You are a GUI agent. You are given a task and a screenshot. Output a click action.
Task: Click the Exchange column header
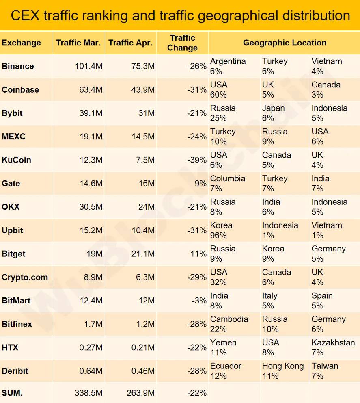pyautogui.click(x=22, y=43)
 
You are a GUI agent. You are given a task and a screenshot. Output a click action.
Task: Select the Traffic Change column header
pyautogui.click(x=182, y=43)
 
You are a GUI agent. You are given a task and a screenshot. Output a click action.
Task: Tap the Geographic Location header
pyautogui.click(x=285, y=43)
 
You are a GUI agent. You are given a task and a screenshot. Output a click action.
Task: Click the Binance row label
pyautogui.click(x=18, y=66)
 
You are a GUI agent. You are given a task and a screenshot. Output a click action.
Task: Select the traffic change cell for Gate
pyautogui.click(x=200, y=184)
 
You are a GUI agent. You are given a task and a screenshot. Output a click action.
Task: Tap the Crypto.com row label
pyautogui.click(x=25, y=277)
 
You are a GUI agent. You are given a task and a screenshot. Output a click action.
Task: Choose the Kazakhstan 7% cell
pyautogui.click(x=333, y=347)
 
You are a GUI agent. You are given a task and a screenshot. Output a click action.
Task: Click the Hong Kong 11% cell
pyautogui.click(x=282, y=371)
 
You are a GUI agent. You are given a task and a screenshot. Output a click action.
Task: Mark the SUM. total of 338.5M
pyautogui.click(x=88, y=393)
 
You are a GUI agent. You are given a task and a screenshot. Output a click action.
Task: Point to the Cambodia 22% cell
pyautogui.click(x=229, y=324)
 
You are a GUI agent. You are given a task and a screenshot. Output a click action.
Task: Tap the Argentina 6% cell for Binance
pyautogui.click(x=228, y=66)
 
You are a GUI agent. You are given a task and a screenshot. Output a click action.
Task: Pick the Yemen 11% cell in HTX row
pyautogui.click(x=223, y=347)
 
